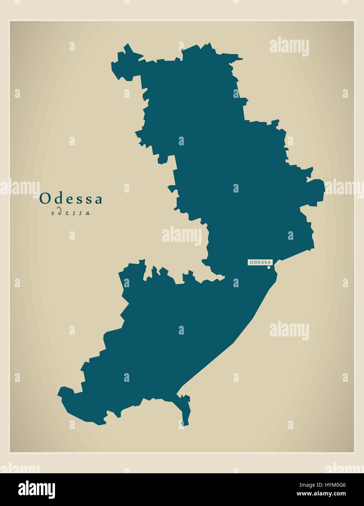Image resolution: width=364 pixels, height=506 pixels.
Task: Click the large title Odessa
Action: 71,199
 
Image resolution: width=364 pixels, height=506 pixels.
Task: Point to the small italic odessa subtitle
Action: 71,213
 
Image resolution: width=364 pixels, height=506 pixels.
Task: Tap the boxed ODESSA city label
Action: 260,262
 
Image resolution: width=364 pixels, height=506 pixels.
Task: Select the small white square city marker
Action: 269,268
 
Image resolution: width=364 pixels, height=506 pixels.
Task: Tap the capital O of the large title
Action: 44,199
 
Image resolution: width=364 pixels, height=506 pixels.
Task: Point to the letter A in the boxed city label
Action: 270,262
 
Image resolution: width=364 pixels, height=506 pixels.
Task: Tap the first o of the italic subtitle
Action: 53,213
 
